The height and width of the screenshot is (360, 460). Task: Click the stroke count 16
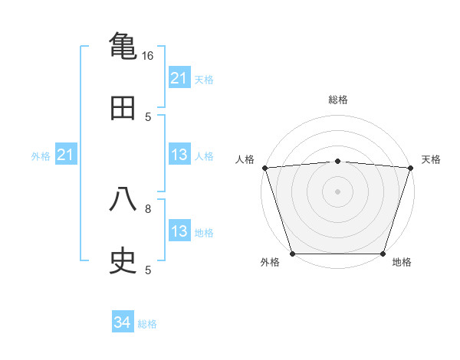[148, 56]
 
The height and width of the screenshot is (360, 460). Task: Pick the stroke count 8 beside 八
[148, 208]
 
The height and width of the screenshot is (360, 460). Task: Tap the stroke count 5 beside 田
[148, 117]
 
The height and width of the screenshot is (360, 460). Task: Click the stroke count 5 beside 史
[148, 270]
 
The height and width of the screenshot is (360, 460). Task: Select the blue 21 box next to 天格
[179, 78]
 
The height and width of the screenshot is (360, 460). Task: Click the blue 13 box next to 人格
[179, 155]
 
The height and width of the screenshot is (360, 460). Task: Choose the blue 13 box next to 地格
[179, 231]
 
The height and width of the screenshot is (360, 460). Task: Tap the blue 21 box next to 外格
[66, 155]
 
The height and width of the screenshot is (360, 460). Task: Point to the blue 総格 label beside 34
[147, 324]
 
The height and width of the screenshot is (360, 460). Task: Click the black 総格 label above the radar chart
[338, 100]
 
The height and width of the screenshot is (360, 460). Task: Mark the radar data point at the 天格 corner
[410, 168]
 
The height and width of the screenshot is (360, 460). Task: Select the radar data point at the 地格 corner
[383, 254]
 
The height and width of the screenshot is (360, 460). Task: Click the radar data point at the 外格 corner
[293, 254]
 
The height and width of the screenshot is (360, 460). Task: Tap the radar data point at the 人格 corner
[264, 168]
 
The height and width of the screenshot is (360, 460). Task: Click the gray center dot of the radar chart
[337, 191]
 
